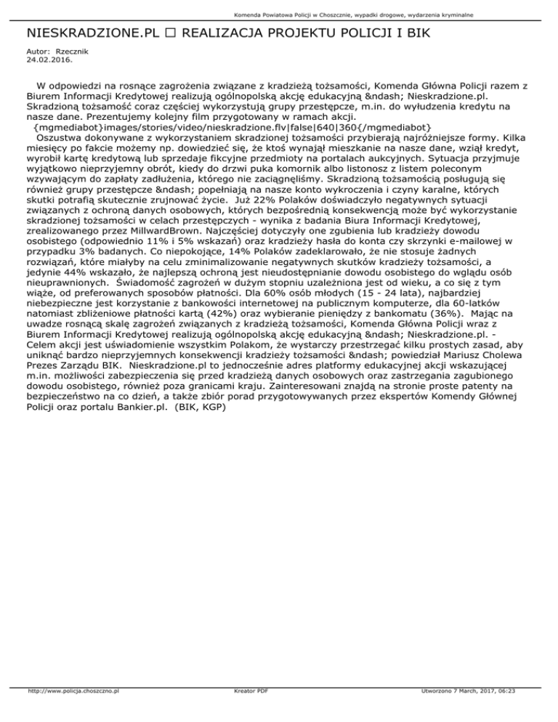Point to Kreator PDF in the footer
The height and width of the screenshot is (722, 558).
(x=248, y=712)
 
